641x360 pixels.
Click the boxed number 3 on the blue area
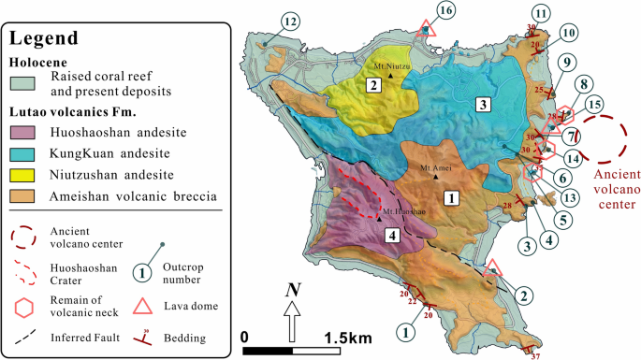(482, 104)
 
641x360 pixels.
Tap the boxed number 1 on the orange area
(450, 198)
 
